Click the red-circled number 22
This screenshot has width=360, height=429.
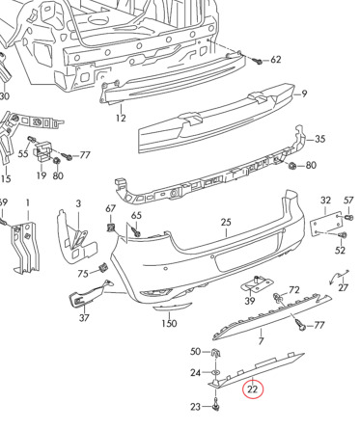[x=253, y=389]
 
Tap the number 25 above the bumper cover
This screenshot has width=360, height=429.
[x=226, y=222]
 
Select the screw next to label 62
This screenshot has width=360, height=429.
[x=259, y=61]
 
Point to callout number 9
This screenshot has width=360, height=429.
[x=304, y=94]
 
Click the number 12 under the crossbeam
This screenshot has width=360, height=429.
[x=121, y=118]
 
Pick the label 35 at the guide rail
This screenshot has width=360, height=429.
[x=319, y=139]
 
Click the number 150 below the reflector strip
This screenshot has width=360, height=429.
[x=169, y=323]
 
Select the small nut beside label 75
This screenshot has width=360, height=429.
[x=103, y=268]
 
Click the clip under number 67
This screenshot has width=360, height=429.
[x=111, y=228]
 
